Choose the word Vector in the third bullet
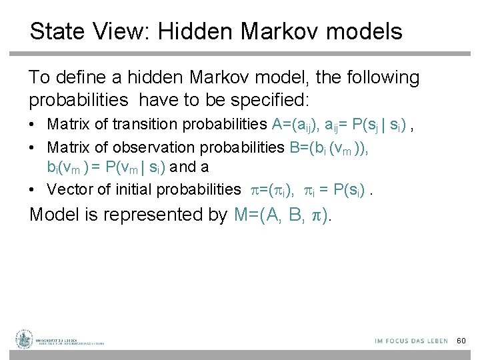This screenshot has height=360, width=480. (70, 189)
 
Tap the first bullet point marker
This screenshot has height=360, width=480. (34, 125)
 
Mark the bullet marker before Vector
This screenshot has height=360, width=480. (34, 190)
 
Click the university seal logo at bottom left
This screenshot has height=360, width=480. (25, 340)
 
